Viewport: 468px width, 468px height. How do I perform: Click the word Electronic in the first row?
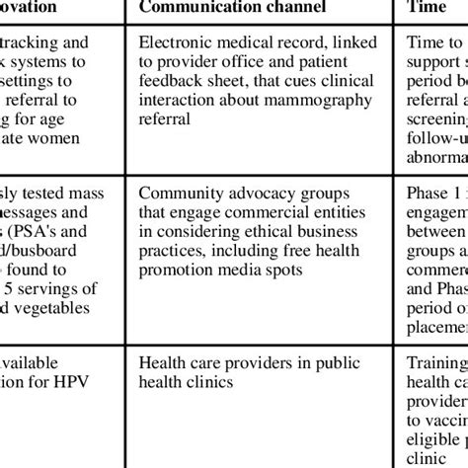click(177, 44)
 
